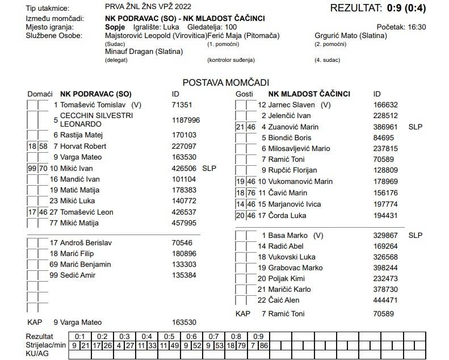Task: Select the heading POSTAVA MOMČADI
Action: click(x=225, y=82)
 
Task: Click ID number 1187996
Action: click(x=186, y=120)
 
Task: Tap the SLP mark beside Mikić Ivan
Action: click(x=209, y=168)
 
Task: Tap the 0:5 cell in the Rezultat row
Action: click(x=169, y=336)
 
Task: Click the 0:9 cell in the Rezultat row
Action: click(x=258, y=336)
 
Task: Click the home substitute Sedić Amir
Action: click(x=80, y=275)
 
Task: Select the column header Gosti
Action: click(x=244, y=94)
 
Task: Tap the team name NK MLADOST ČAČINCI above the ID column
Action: click(x=309, y=94)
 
